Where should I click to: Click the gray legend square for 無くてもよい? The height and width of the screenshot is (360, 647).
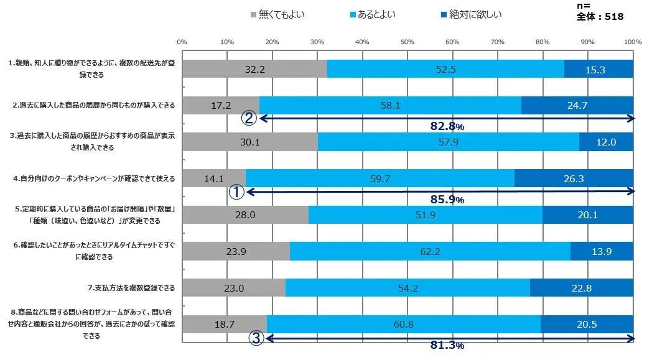click(253, 14)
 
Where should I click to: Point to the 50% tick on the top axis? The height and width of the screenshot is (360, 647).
click(407, 42)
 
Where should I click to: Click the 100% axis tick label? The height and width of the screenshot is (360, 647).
click(633, 42)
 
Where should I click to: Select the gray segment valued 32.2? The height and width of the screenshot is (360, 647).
click(254, 69)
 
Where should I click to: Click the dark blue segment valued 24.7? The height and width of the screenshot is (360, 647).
click(577, 105)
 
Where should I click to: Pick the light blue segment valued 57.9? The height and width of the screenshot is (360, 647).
click(448, 142)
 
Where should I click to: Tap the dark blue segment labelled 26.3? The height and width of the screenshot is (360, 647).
click(574, 178)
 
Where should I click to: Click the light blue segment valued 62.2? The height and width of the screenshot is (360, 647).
click(430, 251)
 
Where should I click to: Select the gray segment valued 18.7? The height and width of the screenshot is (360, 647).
click(224, 324)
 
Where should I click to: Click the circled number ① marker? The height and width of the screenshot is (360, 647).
click(236, 192)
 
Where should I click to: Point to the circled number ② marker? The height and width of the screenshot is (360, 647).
click(249, 119)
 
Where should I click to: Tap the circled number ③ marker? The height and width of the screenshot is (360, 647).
click(256, 338)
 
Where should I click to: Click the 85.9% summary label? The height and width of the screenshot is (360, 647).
click(447, 200)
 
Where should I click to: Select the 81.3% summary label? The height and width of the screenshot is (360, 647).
click(447, 346)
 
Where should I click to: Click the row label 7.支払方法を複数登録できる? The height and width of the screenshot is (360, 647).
click(131, 288)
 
